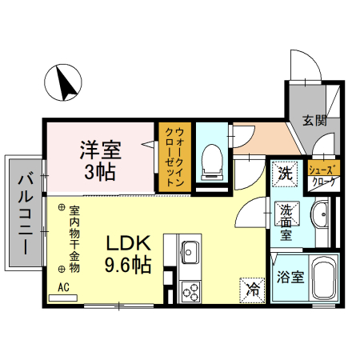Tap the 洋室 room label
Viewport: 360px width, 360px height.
point(99,150)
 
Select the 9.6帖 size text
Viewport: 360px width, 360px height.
point(127,265)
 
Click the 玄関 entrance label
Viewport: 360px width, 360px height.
point(314,121)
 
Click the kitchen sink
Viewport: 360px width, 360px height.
point(189,253)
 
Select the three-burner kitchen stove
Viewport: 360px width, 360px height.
point(190,290)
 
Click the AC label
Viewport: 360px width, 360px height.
point(63,286)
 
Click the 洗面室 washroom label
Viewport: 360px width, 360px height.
point(286,222)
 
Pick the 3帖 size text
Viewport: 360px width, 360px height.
point(99,171)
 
